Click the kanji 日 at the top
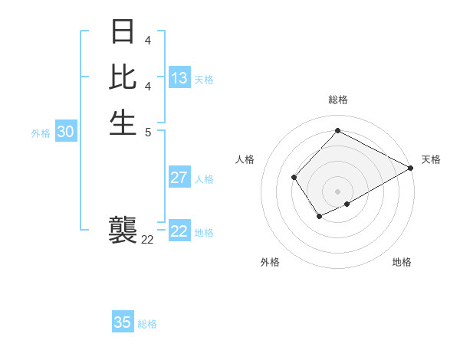click(123, 32)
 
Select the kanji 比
click(123, 77)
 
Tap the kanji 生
click(123, 121)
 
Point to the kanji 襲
click(123, 230)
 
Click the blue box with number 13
click(179, 78)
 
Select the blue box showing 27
click(179, 178)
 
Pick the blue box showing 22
click(179, 231)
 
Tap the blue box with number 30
click(66, 132)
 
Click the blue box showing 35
click(123, 322)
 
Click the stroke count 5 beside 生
click(147, 131)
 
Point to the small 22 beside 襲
click(147, 240)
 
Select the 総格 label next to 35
click(147, 324)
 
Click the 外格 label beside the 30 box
click(41, 133)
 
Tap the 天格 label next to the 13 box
click(204, 80)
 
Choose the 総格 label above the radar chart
click(337, 100)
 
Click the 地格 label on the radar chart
click(402, 263)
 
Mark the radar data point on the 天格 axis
click(412, 169)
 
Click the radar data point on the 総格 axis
click(337, 130)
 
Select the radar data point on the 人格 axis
click(294, 178)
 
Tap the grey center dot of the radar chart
click(337, 191)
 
